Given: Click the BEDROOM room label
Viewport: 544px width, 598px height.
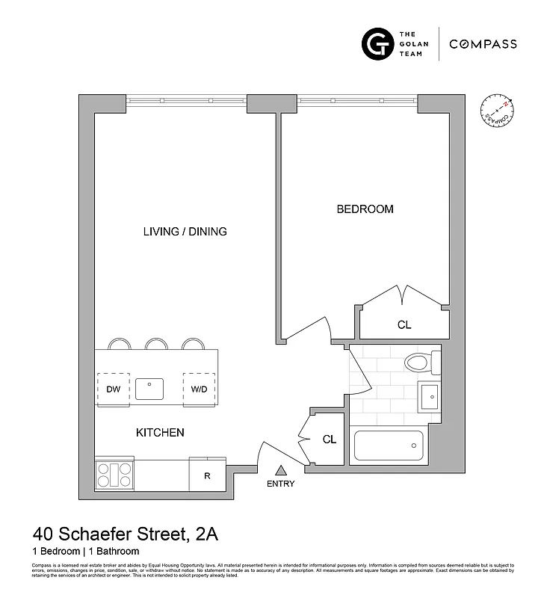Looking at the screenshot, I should click(365, 209).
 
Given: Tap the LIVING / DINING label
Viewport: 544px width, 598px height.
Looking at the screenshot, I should click(185, 232).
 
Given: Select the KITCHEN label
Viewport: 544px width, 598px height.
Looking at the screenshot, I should click(159, 433).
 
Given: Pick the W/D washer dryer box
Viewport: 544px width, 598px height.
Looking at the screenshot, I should click(199, 389).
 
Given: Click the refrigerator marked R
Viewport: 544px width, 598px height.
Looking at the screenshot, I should click(207, 475).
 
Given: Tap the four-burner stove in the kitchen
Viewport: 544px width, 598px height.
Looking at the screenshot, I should click(114, 473).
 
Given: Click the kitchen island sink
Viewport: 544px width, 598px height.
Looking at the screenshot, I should click(149, 389).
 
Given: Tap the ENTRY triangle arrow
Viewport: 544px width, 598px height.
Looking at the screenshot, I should click(281, 470).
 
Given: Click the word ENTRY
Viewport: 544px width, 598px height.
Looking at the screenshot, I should click(281, 484).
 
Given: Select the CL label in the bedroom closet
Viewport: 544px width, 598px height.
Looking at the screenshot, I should click(404, 325).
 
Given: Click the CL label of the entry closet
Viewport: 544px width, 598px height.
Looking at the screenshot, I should click(330, 440).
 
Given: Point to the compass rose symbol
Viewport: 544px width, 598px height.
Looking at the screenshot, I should click(495, 110).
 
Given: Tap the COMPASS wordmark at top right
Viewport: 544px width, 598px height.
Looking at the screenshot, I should click(483, 44).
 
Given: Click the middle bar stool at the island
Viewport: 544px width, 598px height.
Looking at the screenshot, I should click(156, 344).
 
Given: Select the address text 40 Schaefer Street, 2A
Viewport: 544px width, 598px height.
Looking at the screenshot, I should click(125, 535).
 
